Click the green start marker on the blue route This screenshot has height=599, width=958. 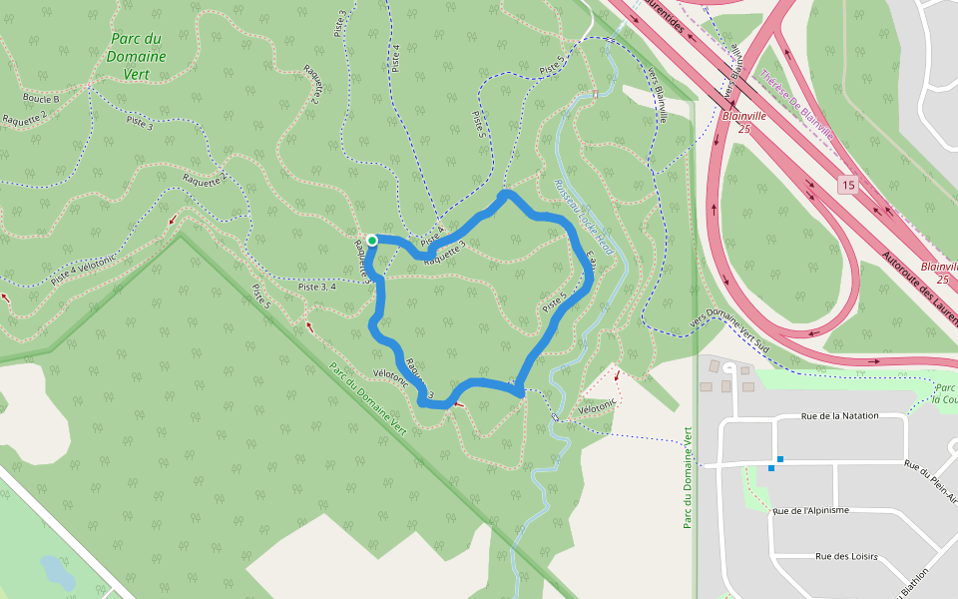coord(371,240)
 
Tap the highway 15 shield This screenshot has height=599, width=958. coord(847,185)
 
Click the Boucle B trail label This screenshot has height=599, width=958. coord(41,99)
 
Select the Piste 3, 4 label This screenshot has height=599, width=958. coord(316,287)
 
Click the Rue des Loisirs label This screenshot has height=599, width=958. coord(846,556)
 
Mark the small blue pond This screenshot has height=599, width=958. coord(56,572)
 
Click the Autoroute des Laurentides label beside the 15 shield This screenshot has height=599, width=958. coord(919,289)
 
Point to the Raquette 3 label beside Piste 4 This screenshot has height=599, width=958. coord(445,255)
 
